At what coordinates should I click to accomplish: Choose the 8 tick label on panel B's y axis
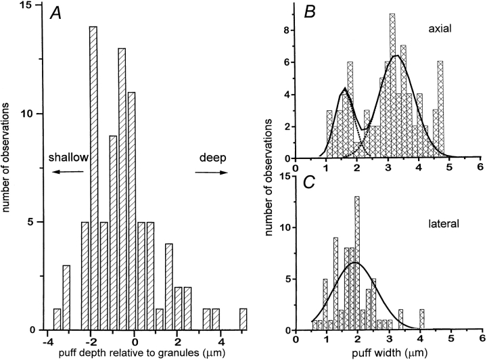pos(287,30)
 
